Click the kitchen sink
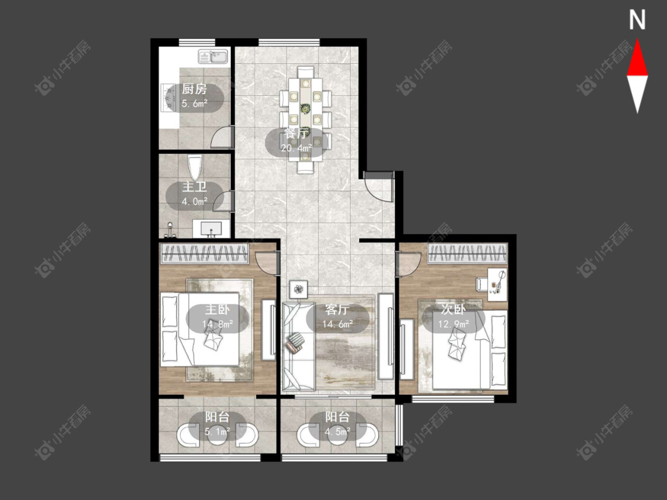(x=213, y=56)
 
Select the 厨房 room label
(x=194, y=89)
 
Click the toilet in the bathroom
(x=194, y=168)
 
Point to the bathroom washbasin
(x=211, y=229)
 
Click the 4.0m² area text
(x=194, y=201)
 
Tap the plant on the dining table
(x=305, y=108)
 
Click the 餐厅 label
(x=296, y=133)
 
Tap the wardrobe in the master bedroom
(x=204, y=254)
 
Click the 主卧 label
(x=218, y=309)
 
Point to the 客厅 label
(x=337, y=309)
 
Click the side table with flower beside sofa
(x=299, y=290)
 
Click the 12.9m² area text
(x=454, y=325)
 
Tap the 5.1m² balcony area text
(x=218, y=432)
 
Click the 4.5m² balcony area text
(x=338, y=432)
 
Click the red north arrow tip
(x=637, y=40)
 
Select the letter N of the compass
(x=637, y=20)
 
